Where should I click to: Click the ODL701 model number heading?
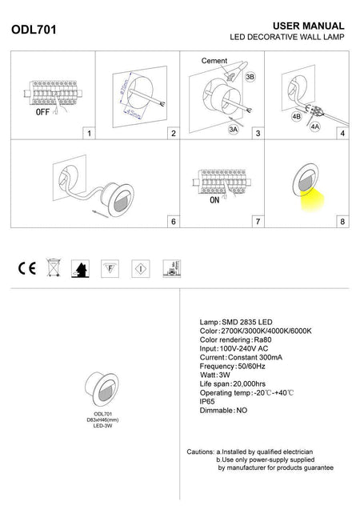tap(31, 31)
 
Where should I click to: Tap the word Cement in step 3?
tap(214, 61)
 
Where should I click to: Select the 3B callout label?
tap(250, 76)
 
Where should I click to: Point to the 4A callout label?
tap(315, 126)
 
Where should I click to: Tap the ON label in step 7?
tap(214, 202)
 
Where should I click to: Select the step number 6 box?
tap(173, 220)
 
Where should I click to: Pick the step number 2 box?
tap(173, 133)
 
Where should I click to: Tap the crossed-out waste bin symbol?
tap(52, 267)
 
